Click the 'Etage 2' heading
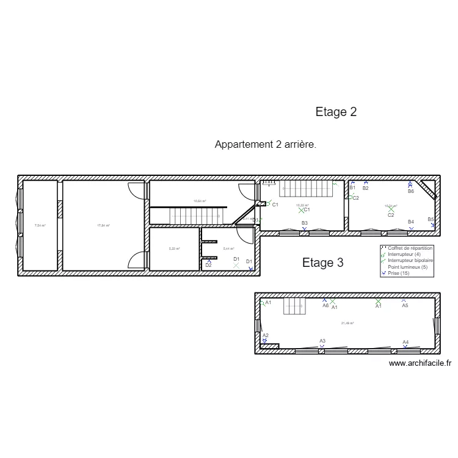click(336, 112)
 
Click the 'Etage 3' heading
click(322, 263)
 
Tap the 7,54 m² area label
click(40, 225)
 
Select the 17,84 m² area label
click(103, 225)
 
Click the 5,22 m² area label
click(174, 249)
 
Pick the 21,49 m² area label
click(347, 323)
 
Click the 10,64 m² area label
click(200, 201)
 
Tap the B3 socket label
click(304, 224)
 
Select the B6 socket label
click(411, 191)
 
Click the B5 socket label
click(431, 219)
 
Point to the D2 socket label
click(208, 265)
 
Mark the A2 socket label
click(266, 335)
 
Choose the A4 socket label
click(405, 342)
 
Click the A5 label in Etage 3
click(405, 305)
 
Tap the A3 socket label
click(322, 341)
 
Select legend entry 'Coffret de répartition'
click(410, 249)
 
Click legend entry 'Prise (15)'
click(401, 272)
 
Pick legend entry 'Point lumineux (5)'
click(407, 266)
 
